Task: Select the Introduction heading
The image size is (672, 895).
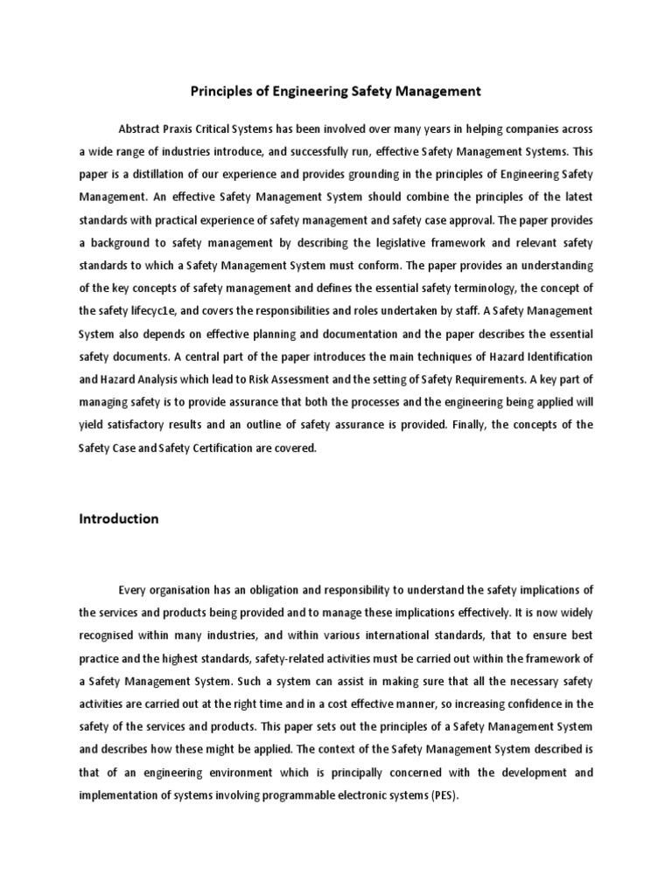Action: pos(119,518)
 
